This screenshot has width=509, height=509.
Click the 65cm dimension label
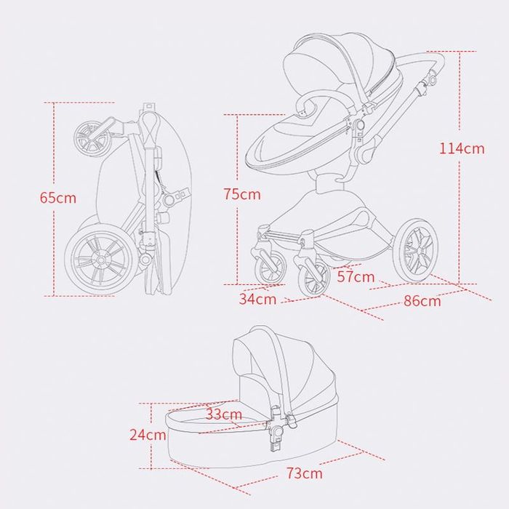click(x=58, y=198)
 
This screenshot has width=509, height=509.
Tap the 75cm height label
click(x=242, y=194)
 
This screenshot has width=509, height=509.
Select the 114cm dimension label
click(x=462, y=148)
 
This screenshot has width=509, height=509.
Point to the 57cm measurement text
click(x=356, y=277)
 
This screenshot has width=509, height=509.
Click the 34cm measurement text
click(x=257, y=299)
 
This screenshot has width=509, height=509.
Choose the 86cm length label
click(x=422, y=301)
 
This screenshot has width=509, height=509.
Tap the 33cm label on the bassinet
click(x=224, y=414)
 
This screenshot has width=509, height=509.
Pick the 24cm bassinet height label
click(x=148, y=435)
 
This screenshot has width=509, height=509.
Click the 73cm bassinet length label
click(x=305, y=473)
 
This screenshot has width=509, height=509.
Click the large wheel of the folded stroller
click(x=101, y=260)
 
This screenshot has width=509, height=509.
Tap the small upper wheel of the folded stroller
click(x=92, y=137)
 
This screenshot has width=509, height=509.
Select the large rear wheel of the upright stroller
click(x=415, y=250)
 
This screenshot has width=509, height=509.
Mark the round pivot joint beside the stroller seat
click(x=359, y=124)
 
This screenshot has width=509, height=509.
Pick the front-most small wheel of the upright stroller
click(x=313, y=278)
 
